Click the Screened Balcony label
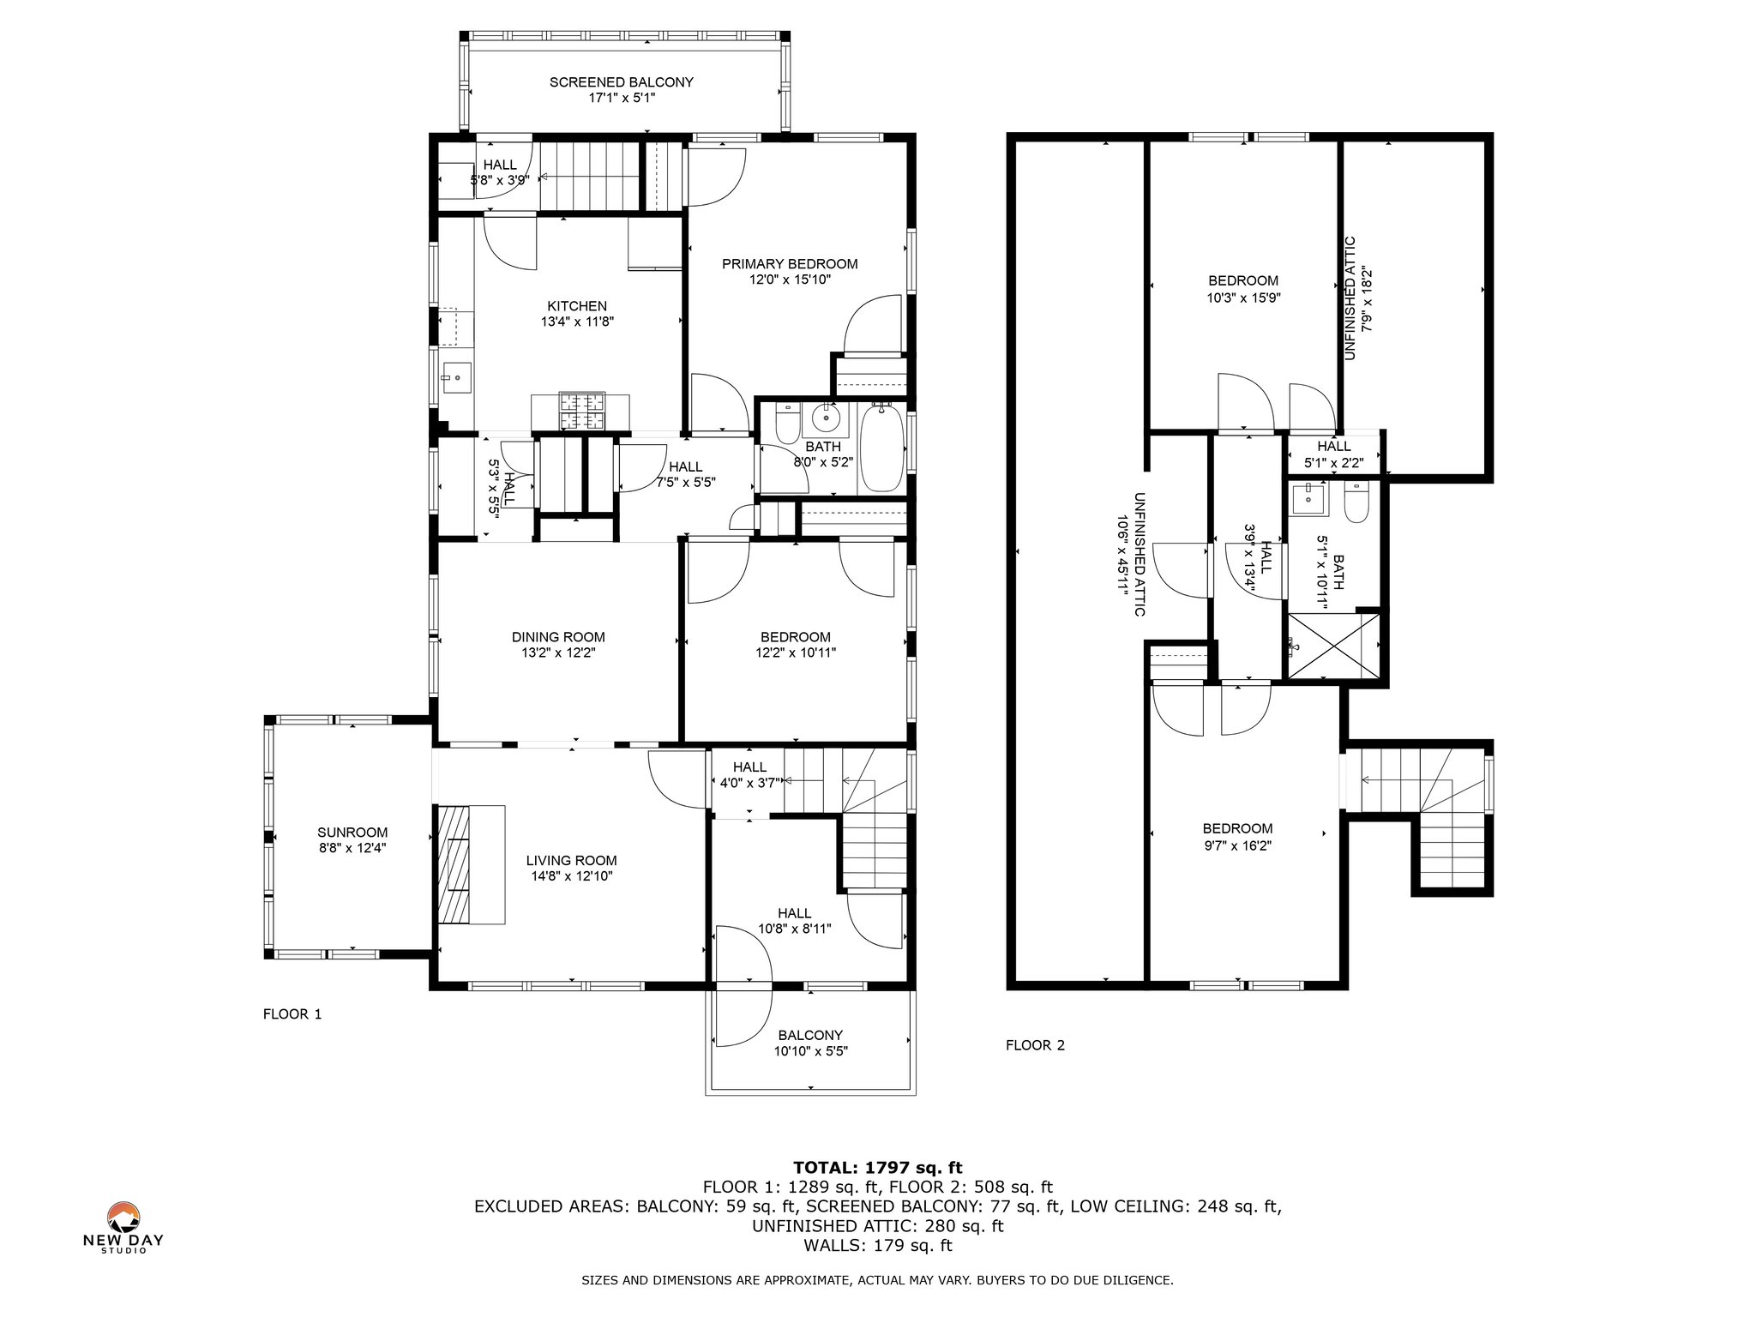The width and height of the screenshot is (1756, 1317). click(x=621, y=82)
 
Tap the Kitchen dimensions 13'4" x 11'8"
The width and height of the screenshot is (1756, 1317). click(x=577, y=322)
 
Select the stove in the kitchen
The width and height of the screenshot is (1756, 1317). click(x=582, y=411)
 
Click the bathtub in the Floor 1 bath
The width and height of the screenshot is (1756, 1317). click(x=882, y=448)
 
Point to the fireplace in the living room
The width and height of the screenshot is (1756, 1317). click(x=471, y=863)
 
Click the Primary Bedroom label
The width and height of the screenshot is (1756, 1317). click(x=790, y=264)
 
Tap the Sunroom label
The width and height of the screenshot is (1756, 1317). click(x=352, y=833)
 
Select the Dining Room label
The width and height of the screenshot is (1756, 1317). click(x=558, y=637)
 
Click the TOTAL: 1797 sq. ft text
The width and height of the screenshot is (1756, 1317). click(x=878, y=1168)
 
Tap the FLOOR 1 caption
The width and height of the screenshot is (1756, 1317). click(x=292, y=1014)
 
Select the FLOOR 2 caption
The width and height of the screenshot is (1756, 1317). click(x=1035, y=1045)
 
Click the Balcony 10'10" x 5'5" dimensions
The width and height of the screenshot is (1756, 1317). click(x=810, y=1051)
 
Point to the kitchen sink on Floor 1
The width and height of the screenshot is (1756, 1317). click(x=456, y=376)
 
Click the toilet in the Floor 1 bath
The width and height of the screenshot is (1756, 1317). click(x=787, y=424)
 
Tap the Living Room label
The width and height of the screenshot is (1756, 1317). click(x=571, y=861)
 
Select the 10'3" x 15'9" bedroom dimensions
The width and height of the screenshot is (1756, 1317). click(x=1243, y=298)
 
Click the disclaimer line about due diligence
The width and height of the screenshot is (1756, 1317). click(x=877, y=1281)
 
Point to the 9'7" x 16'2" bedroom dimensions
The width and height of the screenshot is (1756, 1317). click(x=1237, y=845)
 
